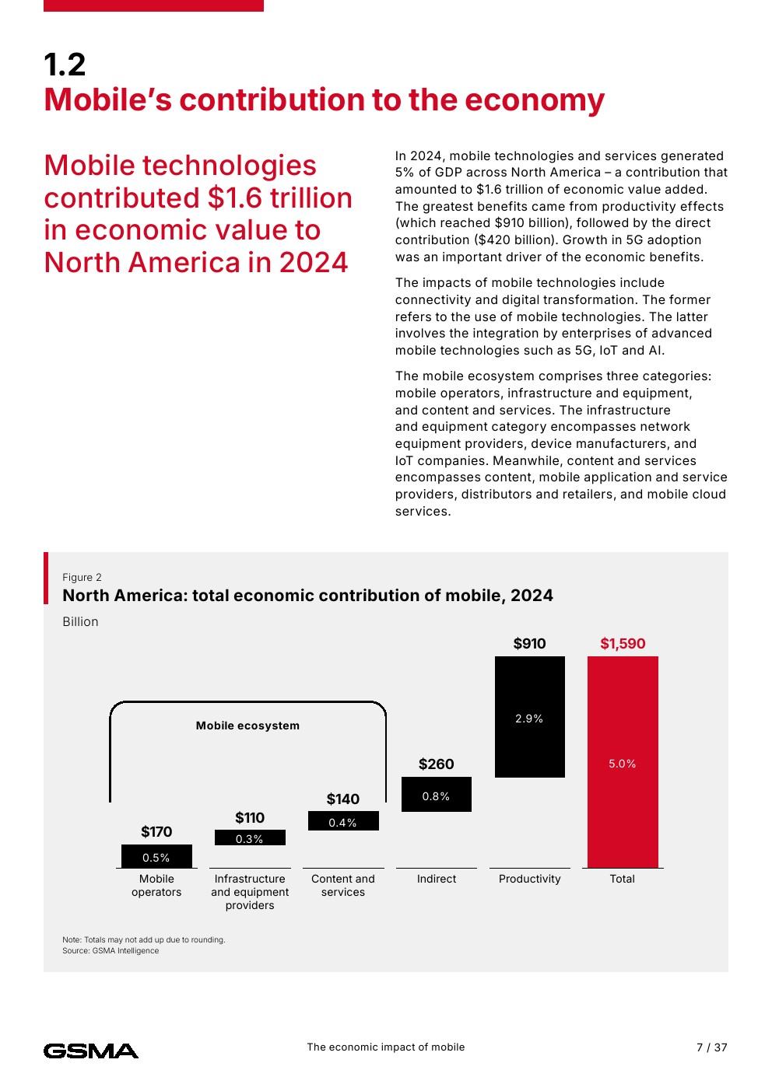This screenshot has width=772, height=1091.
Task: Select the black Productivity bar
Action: pos(529,747)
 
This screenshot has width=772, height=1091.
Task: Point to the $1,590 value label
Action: pos(623,643)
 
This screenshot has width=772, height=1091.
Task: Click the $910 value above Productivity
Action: pos(529,643)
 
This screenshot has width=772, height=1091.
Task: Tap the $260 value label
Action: pos(436,764)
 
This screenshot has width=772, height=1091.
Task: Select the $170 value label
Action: pos(156,831)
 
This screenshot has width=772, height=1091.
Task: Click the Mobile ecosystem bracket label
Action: pos(247,726)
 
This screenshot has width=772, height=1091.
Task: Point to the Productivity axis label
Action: pos(529,879)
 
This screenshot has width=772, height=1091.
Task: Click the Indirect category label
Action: pos(437,879)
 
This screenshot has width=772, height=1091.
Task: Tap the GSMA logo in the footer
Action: pos(91,1051)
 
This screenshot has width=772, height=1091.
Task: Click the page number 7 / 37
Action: pos(711,1047)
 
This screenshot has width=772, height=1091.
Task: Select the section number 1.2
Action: pos(65,65)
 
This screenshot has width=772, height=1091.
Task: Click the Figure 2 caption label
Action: pos(82,577)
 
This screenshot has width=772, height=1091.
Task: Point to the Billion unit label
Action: pos(80,621)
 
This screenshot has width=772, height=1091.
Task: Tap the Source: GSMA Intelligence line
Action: pos(111,950)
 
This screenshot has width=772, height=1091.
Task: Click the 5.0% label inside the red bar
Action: pos(623,764)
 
